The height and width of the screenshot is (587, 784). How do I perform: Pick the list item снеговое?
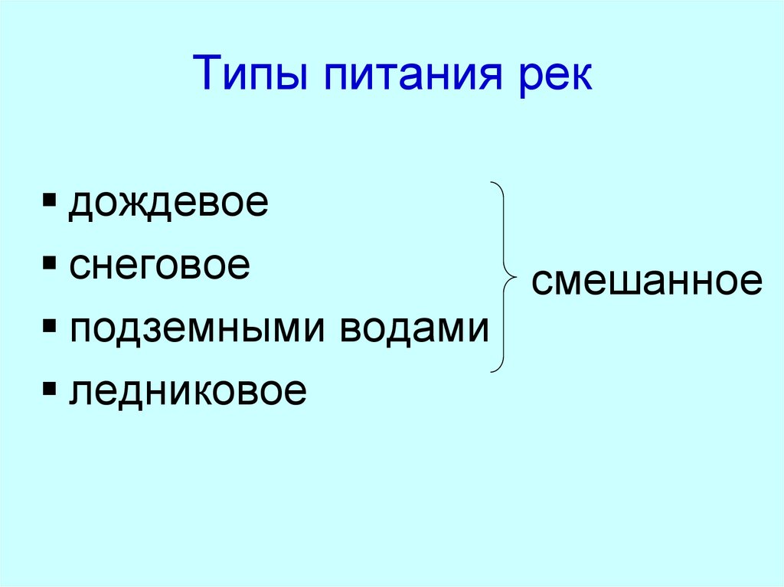(x=159, y=266)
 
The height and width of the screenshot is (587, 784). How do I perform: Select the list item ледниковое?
(x=188, y=392)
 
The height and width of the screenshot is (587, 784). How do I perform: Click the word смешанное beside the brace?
(x=647, y=282)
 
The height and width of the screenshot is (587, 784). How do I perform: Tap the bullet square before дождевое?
(x=50, y=202)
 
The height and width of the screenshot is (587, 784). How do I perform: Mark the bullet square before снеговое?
(x=50, y=265)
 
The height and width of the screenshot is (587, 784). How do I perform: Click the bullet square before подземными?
(x=50, y=327)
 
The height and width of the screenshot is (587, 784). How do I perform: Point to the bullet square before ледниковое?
(x=50, y=390)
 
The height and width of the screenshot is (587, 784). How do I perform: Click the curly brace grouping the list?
(x=501, y=277)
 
